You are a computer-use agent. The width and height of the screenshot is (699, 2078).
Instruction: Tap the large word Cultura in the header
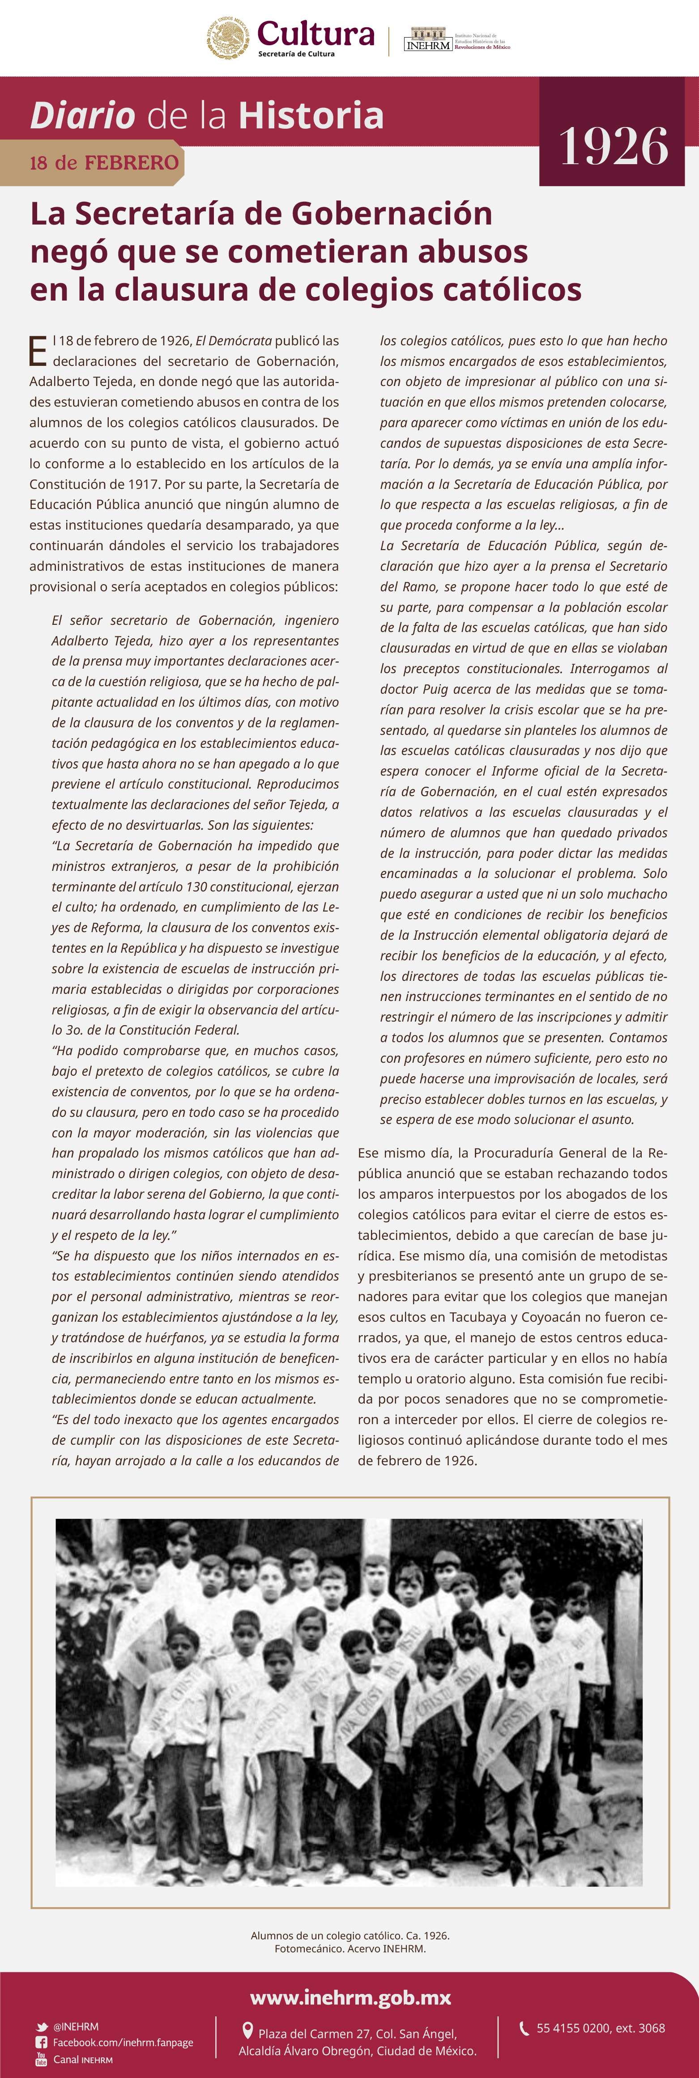click(315, 34)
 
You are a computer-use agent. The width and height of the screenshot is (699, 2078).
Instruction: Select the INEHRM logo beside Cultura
click(428, 40)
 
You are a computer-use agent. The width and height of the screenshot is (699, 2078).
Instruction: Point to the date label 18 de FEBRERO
click(103, 163)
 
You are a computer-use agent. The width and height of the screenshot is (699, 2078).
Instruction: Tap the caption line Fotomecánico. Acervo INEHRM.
click(349, 1948)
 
